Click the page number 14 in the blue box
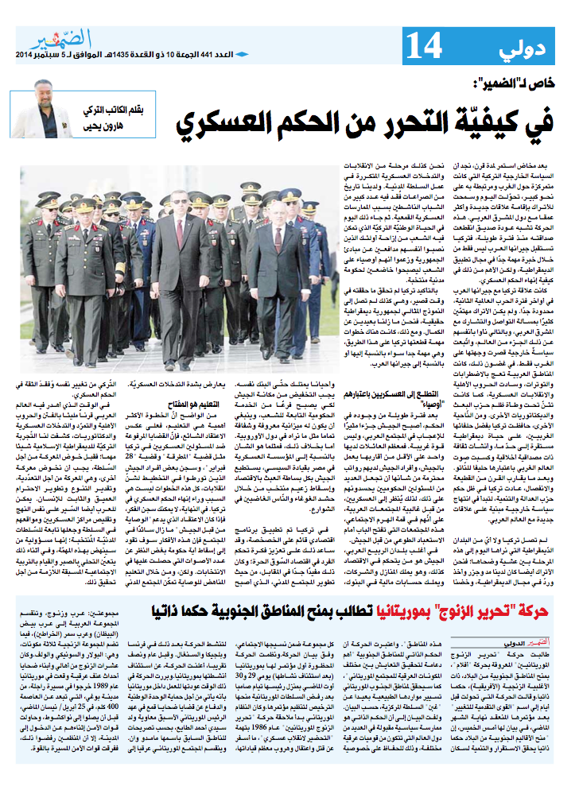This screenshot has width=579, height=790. [x=423, y=47]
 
